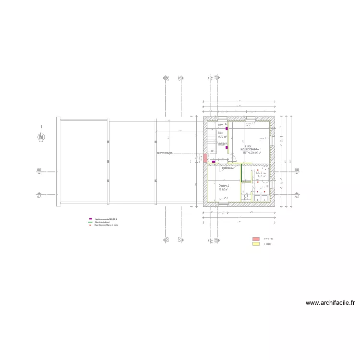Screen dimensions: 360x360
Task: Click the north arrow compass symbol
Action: tap(42, 136)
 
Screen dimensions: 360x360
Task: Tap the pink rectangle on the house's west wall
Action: tap(205, 158)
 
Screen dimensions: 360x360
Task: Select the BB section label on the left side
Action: tap(39, 170)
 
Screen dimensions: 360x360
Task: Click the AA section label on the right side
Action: tap(297, 197)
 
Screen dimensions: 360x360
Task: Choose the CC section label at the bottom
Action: tap(179, 240)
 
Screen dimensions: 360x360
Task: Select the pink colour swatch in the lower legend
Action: tap(256, 239)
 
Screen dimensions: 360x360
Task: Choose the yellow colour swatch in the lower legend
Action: tap(256, 244)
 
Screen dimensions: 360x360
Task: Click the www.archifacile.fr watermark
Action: tap(330, 303)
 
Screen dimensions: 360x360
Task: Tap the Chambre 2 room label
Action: tap(224, 187)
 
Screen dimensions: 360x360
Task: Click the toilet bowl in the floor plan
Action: tap(246, 196)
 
